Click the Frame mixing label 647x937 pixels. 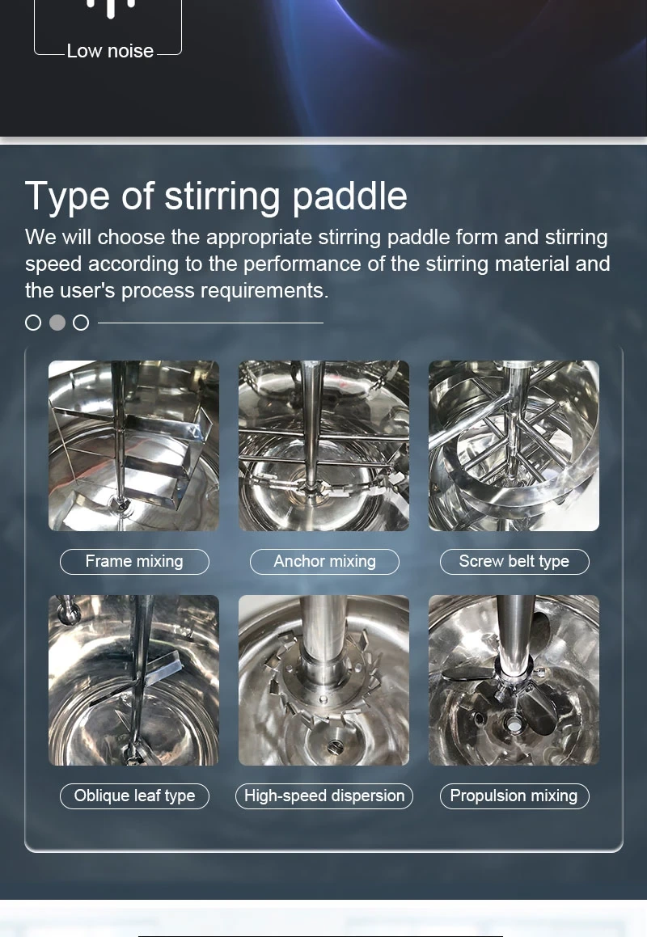coord(134,562)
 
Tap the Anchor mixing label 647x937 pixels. coord(324,562)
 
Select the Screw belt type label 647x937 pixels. coord(514,562)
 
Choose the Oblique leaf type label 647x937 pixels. coord(134,796)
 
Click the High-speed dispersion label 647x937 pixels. coord(324,796)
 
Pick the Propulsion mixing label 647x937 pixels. coord(514,796)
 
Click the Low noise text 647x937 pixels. coord(110,51)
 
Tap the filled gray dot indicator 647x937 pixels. coord(57,323)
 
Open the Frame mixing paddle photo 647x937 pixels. coord(134,445)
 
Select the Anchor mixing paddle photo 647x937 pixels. coord(324,445)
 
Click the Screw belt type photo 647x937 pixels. coord(514,445)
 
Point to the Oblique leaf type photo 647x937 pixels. coord(134,680)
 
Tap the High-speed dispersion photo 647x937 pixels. coord(324,680)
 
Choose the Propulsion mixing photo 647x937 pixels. coord(514,680)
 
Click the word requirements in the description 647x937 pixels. coord(262,290)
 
